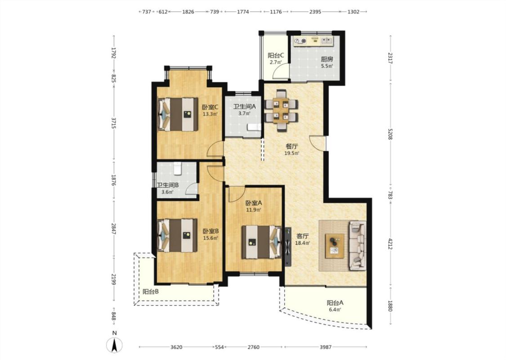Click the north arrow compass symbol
point(114,345)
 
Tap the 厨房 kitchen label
point(327,59)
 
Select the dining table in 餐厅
point(281,110)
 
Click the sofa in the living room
point(358,245)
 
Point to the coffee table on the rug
point(335,246)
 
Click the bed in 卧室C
point(178,114)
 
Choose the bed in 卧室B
point(178,235)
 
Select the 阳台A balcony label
point(335,303)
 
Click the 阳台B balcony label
point(151,292)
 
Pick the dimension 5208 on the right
point(390,134)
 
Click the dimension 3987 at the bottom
point(326,347)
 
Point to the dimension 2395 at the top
point(315,12)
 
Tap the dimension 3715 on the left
point(114,123)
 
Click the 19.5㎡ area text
point(292,153)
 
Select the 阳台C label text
point(276,55)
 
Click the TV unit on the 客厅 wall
point(287,247)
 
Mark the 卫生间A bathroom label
point(245,106)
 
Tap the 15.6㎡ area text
point(210,238)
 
